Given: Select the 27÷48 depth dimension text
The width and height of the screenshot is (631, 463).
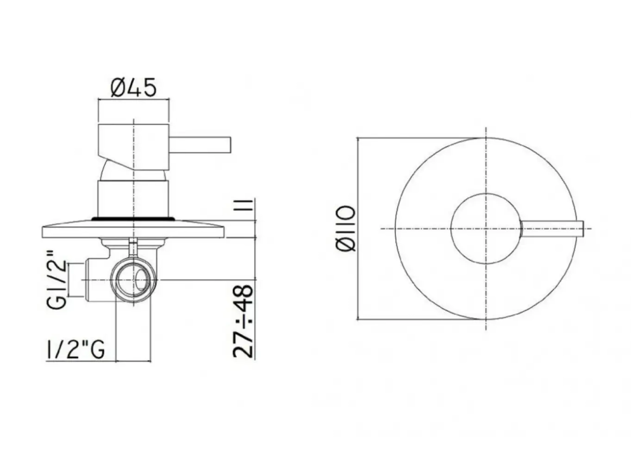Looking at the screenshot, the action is point(243,320).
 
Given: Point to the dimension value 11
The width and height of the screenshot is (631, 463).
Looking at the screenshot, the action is point(243,205).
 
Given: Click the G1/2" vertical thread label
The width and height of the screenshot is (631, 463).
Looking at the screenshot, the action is point(57,280).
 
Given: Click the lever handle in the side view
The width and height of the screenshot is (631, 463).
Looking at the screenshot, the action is point(200,145).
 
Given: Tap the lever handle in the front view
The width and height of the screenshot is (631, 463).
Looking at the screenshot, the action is point(552,228).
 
